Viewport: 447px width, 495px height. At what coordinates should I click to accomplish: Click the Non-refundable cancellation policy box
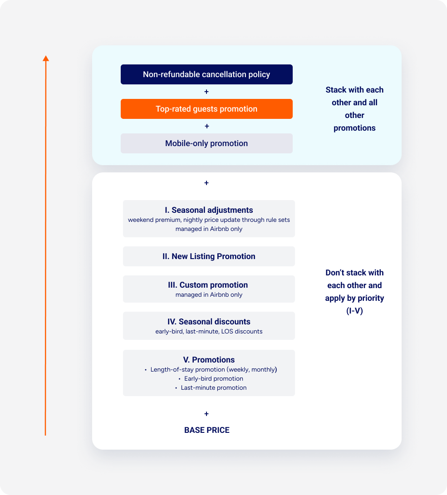pos(206,74)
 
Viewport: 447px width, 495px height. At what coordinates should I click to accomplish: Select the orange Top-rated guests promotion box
pos(206,109)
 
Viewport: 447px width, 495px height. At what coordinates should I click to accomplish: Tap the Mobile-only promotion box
pos(206,143)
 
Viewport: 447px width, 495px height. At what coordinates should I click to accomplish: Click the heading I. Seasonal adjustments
pos(209,210)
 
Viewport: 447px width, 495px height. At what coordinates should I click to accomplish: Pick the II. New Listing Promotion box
pos(209,256)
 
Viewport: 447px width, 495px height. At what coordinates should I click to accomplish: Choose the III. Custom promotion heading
pos(208,285)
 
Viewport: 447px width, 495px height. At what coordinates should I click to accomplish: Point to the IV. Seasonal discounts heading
pos(209,321)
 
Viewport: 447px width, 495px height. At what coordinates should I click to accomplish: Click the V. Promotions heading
pos(209,360)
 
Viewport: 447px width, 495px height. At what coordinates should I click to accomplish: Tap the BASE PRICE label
pos(207,430)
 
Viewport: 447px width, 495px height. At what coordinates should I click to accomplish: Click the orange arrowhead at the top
pos(46,59)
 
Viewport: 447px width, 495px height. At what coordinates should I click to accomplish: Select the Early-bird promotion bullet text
pos(213,378)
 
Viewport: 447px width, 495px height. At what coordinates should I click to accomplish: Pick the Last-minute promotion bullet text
pos(213,387)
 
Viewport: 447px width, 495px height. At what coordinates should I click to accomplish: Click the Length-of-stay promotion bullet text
pos(213,369)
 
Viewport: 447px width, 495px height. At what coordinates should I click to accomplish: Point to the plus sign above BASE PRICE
pos(206,414)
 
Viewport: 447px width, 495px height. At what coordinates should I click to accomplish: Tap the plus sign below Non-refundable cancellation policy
pos(206,92)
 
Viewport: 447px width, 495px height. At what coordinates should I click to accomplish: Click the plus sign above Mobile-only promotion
pos(207,126)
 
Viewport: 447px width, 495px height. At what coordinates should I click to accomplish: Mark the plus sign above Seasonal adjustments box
pos(206,183)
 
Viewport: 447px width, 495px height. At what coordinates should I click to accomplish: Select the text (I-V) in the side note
pos(354,311)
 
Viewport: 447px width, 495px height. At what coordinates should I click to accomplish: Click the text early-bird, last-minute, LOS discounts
pos(209,332)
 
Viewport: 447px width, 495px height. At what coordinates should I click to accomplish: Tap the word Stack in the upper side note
pos(336,90)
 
